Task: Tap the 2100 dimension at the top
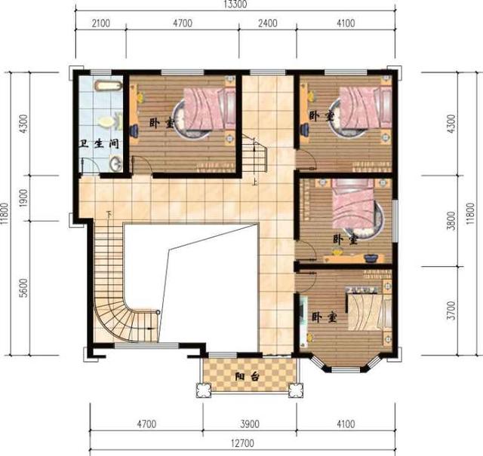[x=100, y=23]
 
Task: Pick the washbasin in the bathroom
[x=115, y=162]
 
